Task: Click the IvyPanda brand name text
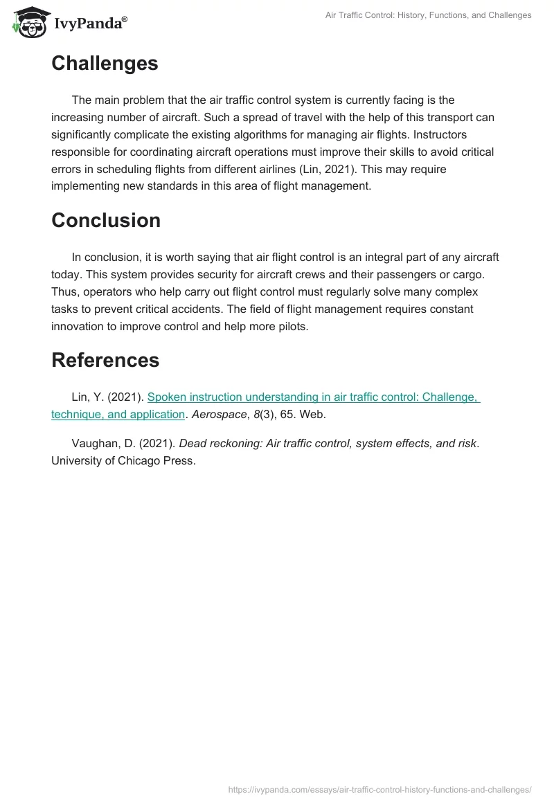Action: [x=89, y=24]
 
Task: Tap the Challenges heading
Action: [x=105, y=64]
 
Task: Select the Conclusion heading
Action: [x=106, y=220]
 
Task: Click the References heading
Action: [x=105, y=360]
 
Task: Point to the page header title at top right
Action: [x=428, y=15]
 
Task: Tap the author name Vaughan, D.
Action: [x=100, y=443]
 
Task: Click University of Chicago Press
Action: [x=123, y=460]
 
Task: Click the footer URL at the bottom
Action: [x=379, y=788]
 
